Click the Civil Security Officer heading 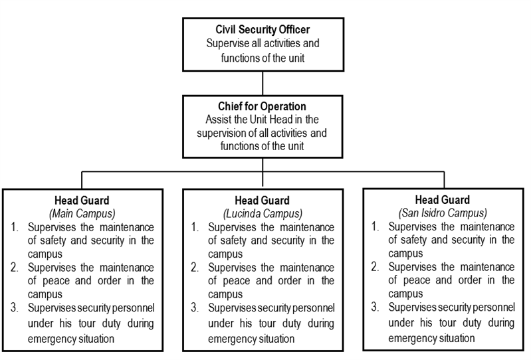[x=263, y=29]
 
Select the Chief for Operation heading [x=262, y=106]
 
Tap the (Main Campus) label [x=82, y=214]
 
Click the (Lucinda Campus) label [x=263, y=214]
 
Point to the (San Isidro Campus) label [x=443, y=213]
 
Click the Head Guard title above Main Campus [x=82, y=201]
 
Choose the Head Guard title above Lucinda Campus [x=262, y=201]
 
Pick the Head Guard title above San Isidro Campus [x=442, y=200]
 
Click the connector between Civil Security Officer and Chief [x=263, y=83]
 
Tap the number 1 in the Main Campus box [x=14, y=227]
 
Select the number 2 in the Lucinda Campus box [x=194, y=268]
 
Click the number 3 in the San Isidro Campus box [x=375, y=307]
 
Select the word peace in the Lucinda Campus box [x=237, y=281]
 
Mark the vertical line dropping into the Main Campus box [x=82, y=180]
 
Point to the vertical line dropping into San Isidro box [x=444, y=179]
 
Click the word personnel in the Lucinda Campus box [x=314, y=308]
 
